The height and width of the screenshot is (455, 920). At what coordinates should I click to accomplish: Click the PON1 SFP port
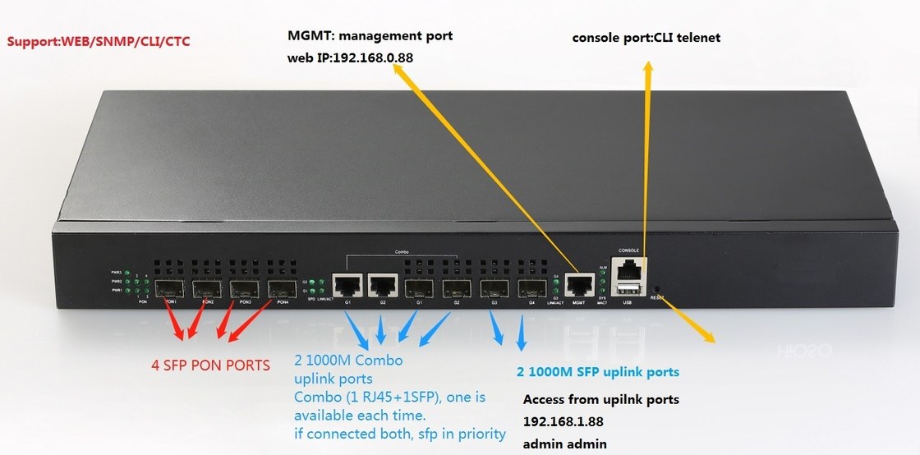click(x=170, y=289)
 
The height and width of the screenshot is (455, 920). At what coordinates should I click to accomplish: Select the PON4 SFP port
click(x=283, y=289)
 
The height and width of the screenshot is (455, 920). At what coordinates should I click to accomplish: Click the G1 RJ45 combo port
click(x=347, y=286)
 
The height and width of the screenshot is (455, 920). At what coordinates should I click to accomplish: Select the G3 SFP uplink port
click(x=495, y=289)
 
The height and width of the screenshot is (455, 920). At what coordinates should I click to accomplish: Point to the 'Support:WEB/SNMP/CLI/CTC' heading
click(x=99, y=39)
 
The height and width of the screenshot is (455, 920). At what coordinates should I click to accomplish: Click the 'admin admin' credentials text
click(x=565, y=444)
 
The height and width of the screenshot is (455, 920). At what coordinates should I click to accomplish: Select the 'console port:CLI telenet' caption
click(x=646, y=38)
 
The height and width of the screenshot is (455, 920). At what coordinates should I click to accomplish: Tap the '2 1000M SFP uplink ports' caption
click(x=598, y=372)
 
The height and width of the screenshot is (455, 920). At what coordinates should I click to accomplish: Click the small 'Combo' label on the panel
click(x=401, y=252)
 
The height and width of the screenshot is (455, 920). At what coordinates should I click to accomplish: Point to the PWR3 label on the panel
click(x=117, y=272)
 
